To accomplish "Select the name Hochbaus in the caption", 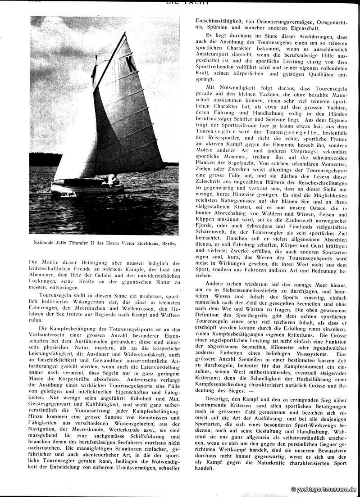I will pyautogui.click(x=146, y=243).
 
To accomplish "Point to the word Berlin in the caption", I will pyautogui.click(x=166, y=243).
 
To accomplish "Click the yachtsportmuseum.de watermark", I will pyautogui.click(x=324, y=489).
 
